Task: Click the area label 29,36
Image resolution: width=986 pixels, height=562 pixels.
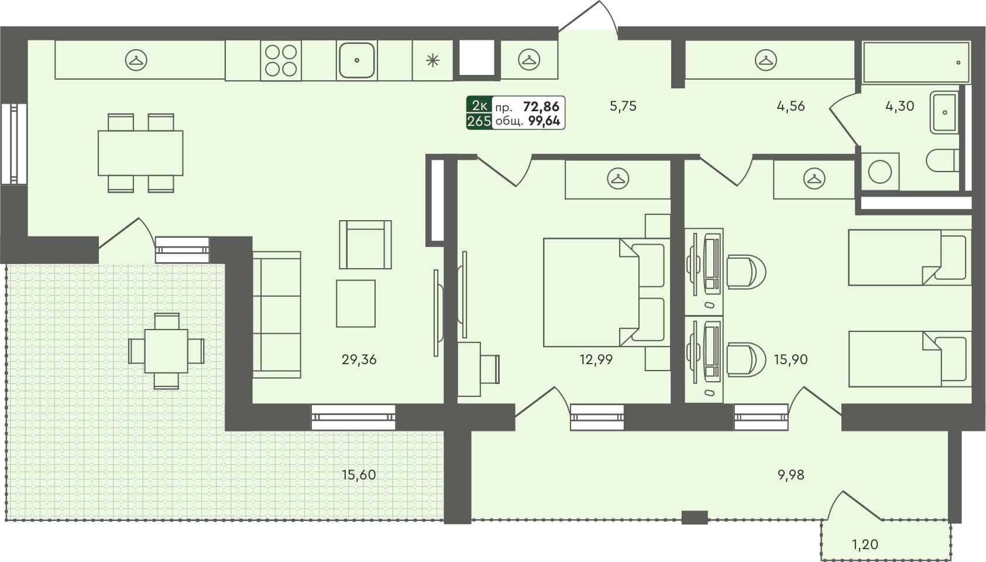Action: pyautogui.click(x=359, y=360)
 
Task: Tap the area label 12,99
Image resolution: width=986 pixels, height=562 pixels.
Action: pyautogui.click(x=596, y=360)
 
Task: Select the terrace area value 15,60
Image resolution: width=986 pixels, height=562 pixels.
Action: pyautogui.click(x=359, y=475)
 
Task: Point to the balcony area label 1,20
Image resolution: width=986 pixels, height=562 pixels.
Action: pyautogui.click(x=864, y=544)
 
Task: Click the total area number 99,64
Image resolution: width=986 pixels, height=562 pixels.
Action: pyautogui.click(x=544, y=121)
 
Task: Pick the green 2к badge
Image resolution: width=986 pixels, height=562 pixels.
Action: pyautogui.click(x=479, y=105)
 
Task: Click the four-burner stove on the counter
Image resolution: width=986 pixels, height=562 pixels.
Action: pyautogui.click(x=281, y=61)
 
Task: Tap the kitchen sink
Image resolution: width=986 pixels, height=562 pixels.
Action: pyautogui.click(x=356, y=60)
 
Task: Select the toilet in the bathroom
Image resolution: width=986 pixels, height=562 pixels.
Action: pyautogui.click(x=942, y=159)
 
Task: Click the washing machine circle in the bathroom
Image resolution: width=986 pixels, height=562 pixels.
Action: pyautogui.click(x=880, y=172)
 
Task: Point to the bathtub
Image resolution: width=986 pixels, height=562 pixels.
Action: pyautogui.click(x=916, y=62)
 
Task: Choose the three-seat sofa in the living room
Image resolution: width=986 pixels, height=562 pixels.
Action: pyautogui.click(x=276, y=315)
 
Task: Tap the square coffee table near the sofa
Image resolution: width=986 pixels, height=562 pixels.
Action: pyautogui.click(x=355, y=303)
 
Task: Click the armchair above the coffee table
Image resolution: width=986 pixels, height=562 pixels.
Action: pyautogui.click(x=365, y=245)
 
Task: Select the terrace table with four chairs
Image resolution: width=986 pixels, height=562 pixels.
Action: pyautogui.click(x=166, y=351)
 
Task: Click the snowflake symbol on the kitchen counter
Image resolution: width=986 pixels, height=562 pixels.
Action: pyautogui.click(x=432, y=60)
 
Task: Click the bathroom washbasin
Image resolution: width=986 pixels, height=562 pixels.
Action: pyautogui.click(x=943, y=112)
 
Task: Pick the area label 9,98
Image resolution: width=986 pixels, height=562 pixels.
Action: pyautogui.click(x=791, y=475)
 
